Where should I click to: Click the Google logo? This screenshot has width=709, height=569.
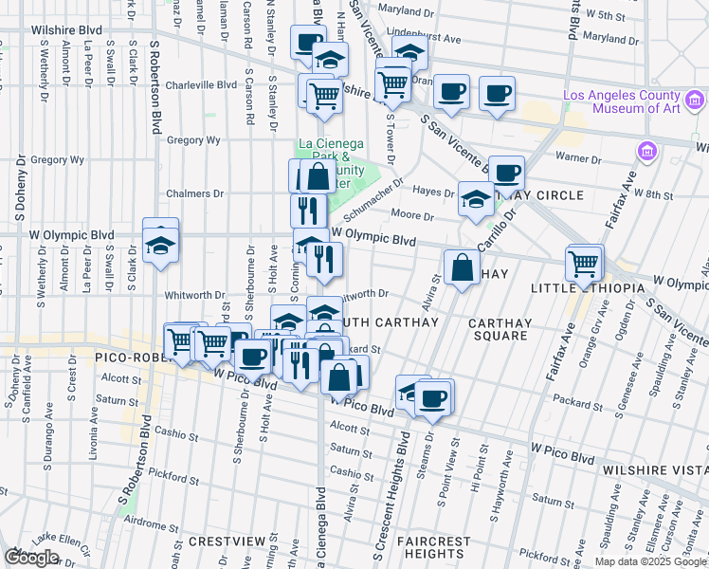point(31,558)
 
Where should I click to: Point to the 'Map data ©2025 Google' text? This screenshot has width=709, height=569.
point(651,561)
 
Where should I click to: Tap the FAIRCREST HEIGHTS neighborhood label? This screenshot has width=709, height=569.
point(433,547)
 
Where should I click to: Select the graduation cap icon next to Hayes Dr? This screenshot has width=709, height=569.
point(476,199)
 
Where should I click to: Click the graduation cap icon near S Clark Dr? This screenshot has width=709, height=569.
point(161,245)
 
